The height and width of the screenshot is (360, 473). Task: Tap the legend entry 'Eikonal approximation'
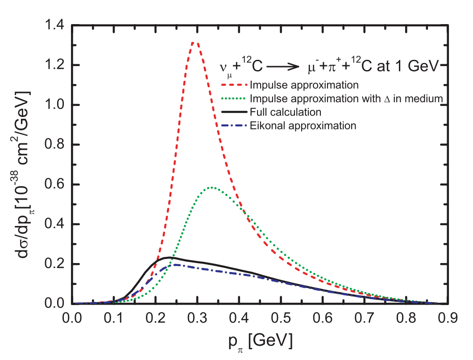(303, 126)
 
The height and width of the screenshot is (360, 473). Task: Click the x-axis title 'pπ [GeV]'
(259, 342)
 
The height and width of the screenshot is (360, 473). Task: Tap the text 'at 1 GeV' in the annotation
(417, 66)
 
